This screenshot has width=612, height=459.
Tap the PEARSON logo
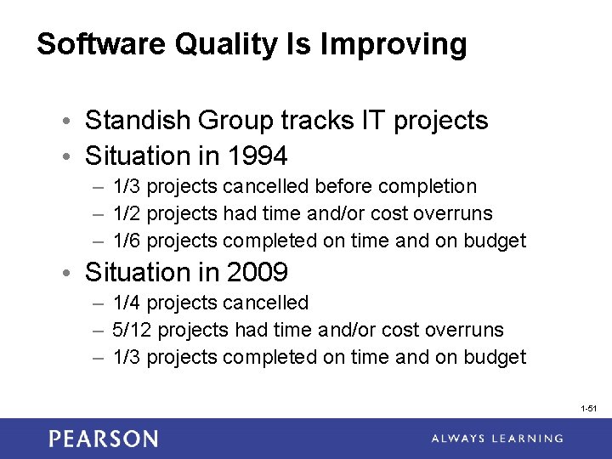(x=103, y=439)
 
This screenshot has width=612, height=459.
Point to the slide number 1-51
(x=589, y=409)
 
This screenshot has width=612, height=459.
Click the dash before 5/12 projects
(x=98, y=330)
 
